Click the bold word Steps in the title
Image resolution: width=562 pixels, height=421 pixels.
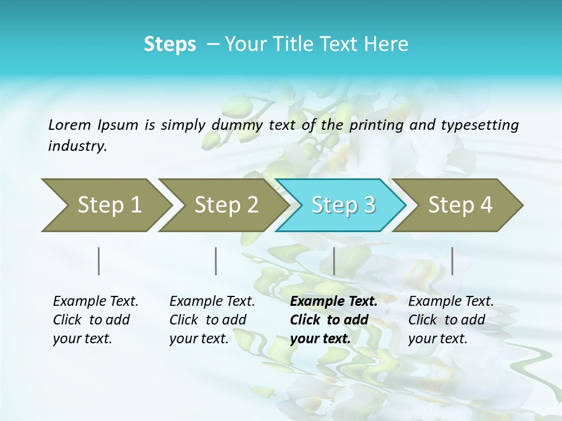tap(170, 44)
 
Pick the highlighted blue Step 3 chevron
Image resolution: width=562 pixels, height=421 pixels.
tap(343, 205)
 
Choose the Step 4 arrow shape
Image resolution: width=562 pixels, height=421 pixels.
tap(460, 205)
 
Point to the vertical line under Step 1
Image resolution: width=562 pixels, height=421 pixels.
tap(99, 261)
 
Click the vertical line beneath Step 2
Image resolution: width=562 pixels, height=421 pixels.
tap(216, 261)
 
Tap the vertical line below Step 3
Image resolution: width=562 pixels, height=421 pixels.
tap(334, 261)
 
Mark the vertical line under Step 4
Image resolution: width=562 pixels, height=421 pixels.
tap(452, 261)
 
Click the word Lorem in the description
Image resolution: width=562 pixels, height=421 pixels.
tap(69, 125)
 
